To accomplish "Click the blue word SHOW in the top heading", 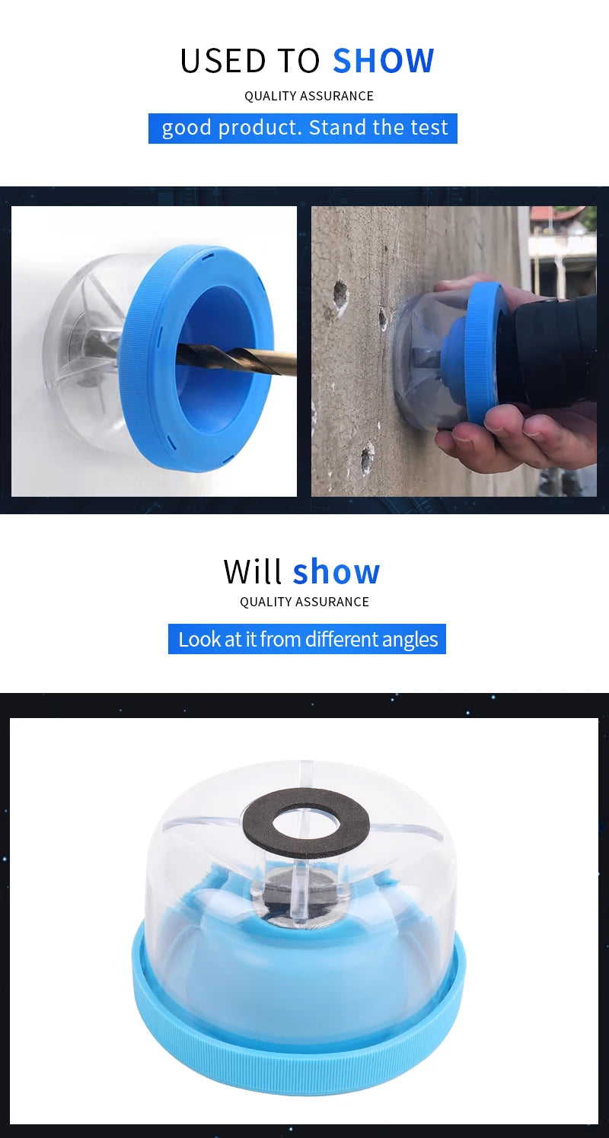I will [x=383, y=61].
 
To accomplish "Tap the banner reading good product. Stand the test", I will [x=303, y=128].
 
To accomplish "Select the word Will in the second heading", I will [x=253, y=571].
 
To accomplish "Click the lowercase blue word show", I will [x=336, y=571].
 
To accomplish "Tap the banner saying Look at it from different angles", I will [x=307, y=639].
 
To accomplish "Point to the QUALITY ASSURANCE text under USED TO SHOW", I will [x=308, y=96].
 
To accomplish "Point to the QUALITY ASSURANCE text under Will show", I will [x=304, y=602].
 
